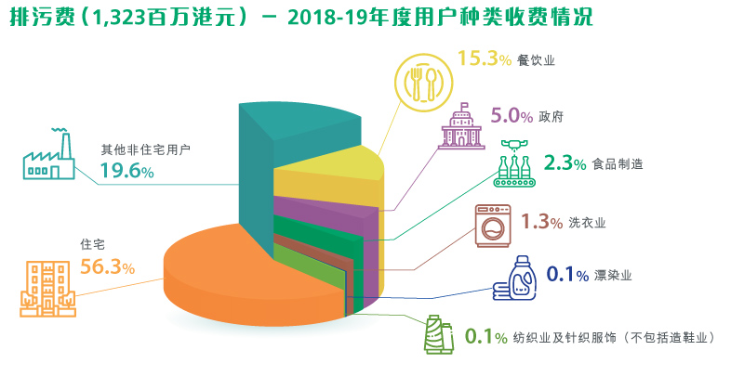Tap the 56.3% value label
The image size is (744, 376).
click(108, 268)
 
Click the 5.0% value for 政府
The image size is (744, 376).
click(511, 117)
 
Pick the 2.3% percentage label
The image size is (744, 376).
click(564, 163)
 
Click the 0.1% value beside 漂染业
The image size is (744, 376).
click(566, 275)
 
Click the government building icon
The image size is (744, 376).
click(461, 127)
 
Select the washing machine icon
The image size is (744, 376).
click(493, 226)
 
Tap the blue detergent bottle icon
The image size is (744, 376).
click(512, 278)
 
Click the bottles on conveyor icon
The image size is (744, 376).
click(516, 165)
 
